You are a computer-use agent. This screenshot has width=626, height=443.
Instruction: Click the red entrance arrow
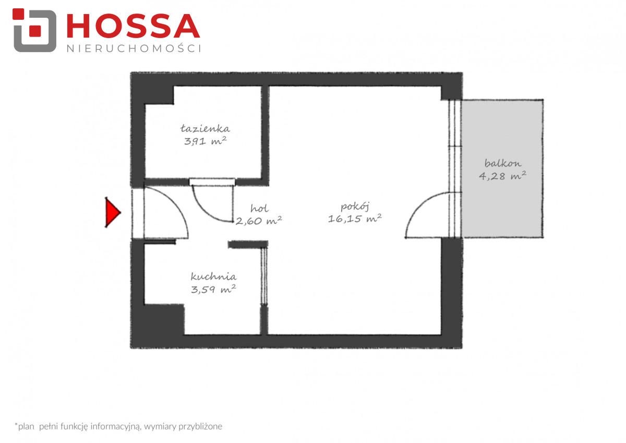click(x=112, y=212)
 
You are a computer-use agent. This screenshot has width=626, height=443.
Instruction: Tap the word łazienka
click(x=205, y=128)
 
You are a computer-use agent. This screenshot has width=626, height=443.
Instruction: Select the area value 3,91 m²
click(x=205, y=140)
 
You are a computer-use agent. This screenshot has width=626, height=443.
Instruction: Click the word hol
click(x=259, y=208)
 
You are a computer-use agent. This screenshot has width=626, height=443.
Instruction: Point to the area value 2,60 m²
click(x=259, y=221)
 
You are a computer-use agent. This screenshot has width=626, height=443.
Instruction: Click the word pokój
click(x=355, y=207)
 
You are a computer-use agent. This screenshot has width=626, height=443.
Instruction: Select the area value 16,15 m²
click(x=355, y=218)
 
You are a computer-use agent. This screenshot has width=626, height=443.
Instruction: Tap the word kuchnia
click(x=213, y=277)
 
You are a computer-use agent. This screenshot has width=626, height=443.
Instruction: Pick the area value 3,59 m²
click(x=213, y=289)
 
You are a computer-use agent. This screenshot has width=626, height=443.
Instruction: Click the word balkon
click(x=503, y=163)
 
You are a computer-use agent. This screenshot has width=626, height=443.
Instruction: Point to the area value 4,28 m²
click(x=502, y=176)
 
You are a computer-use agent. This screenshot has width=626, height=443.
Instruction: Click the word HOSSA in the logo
click(x=134, y=26)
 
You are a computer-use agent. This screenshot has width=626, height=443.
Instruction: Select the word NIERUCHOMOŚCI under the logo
click(x=134, y=49)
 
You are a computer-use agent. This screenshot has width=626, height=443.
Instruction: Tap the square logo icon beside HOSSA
click(x=34, y=30)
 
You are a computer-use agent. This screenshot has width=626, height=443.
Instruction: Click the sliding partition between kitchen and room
click(x=264, y=276)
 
